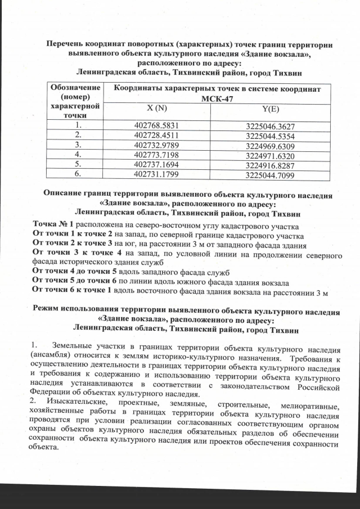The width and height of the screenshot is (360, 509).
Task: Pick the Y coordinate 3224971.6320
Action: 271,155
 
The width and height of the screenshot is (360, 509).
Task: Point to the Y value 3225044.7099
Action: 271,175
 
